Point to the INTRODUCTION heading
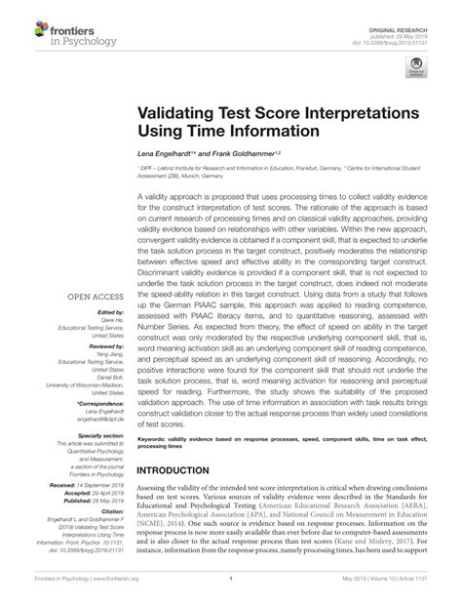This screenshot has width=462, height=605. pos(180,469)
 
